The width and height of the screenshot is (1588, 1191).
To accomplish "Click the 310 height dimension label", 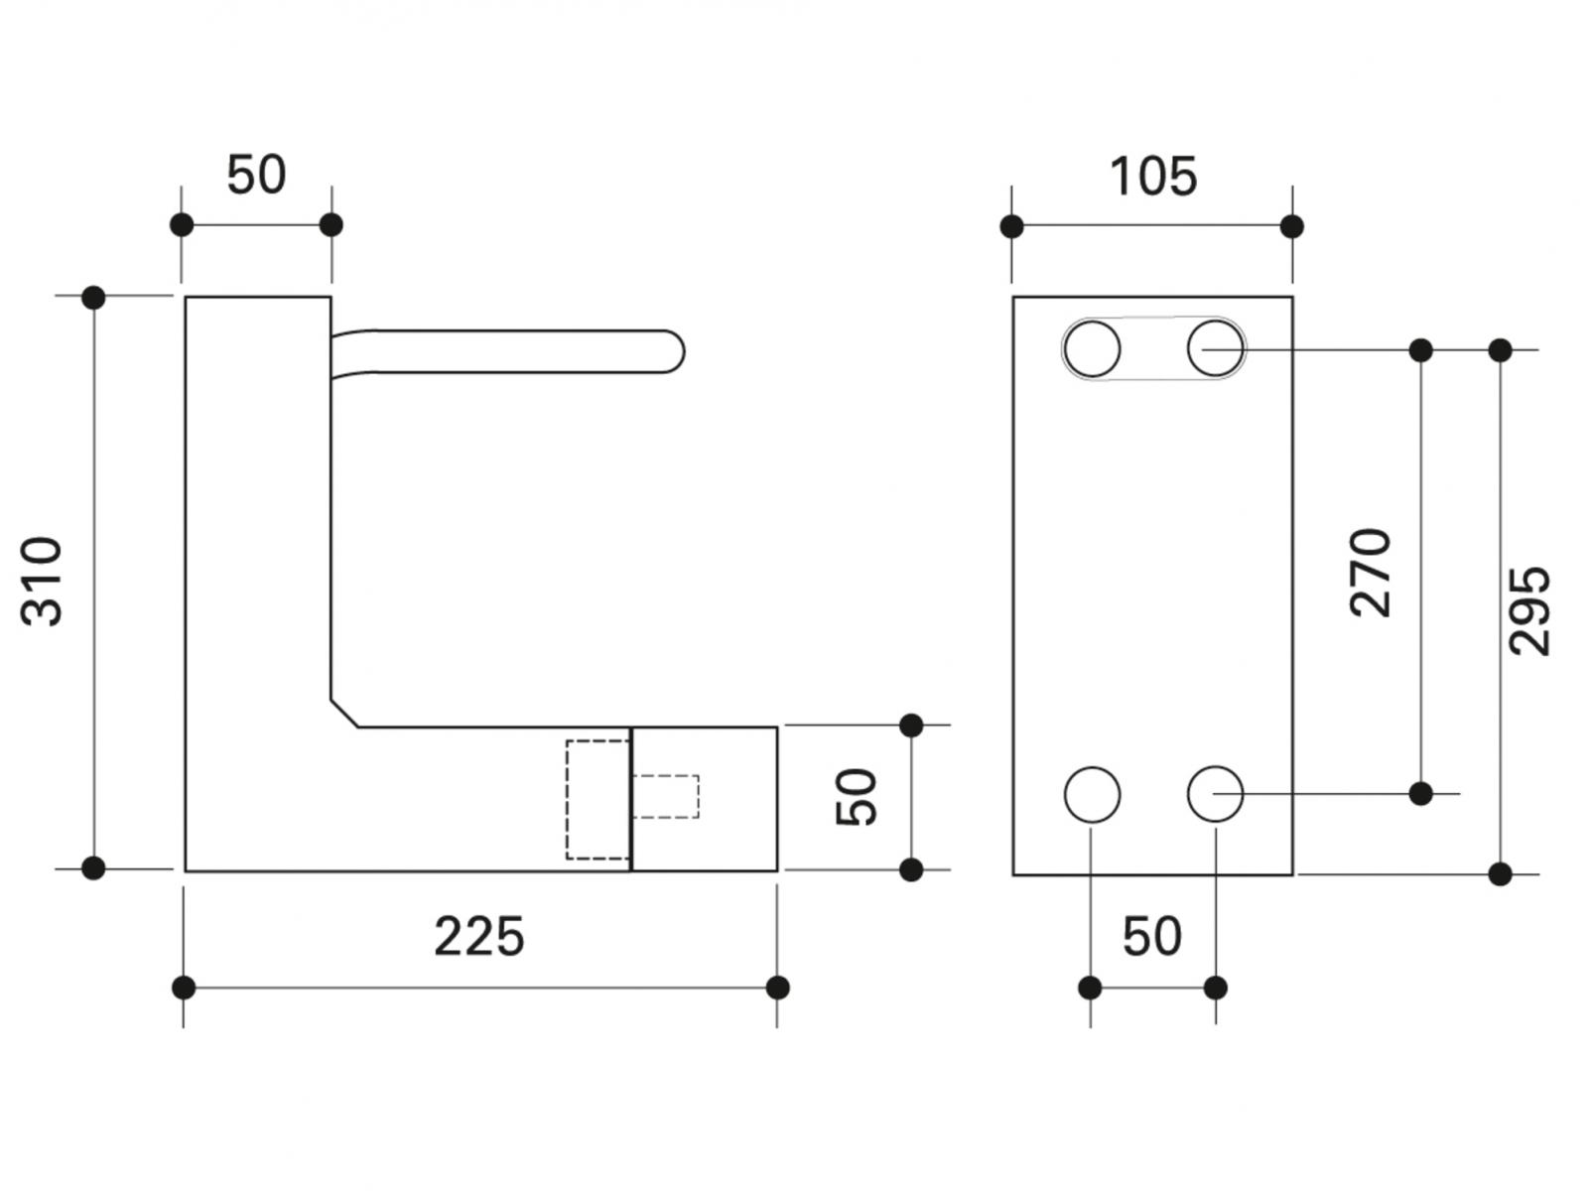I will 42,582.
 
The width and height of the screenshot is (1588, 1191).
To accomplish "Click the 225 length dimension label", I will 478,937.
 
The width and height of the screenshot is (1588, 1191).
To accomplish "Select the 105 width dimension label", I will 1152,178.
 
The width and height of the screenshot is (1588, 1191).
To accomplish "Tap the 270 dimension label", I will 1372,573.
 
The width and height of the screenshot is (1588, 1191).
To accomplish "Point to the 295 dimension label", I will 1529,610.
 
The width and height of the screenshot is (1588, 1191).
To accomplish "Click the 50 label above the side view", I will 256,176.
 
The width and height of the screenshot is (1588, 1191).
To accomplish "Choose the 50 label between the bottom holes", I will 1152,937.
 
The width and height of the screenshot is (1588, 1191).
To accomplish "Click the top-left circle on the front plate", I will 1092,348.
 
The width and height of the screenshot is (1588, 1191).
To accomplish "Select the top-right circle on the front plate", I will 1216,348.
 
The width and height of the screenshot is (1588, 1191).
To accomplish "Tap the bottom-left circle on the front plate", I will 1092,794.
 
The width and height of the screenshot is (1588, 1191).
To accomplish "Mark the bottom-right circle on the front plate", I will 1216,794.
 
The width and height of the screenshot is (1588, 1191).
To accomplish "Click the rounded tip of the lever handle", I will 675,351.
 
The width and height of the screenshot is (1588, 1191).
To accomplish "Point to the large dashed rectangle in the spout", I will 597,799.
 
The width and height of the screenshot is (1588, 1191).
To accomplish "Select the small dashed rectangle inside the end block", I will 666,796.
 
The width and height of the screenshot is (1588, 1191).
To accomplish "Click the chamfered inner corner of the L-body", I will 344,714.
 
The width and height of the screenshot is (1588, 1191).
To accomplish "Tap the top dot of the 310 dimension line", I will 93,297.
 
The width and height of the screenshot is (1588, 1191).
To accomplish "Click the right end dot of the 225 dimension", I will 778,988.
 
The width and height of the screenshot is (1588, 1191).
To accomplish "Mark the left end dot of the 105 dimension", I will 1012,226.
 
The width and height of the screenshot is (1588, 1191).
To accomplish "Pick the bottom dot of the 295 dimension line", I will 1501,874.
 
